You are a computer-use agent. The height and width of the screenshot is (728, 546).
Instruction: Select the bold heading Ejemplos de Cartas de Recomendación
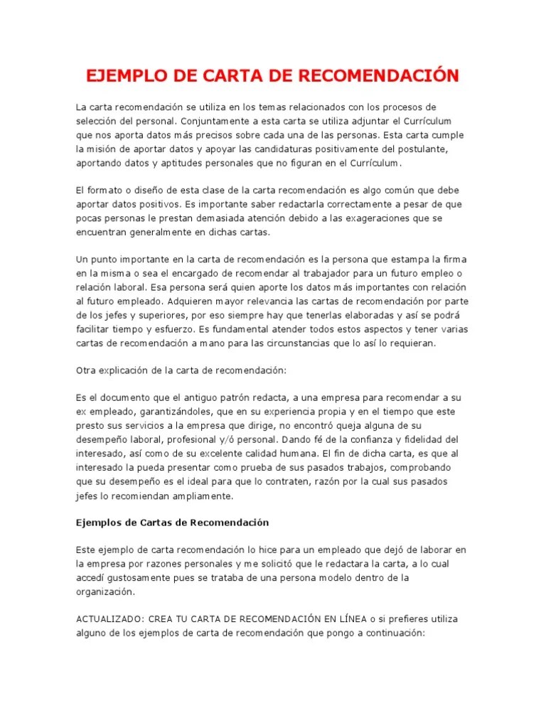(172, 523)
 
